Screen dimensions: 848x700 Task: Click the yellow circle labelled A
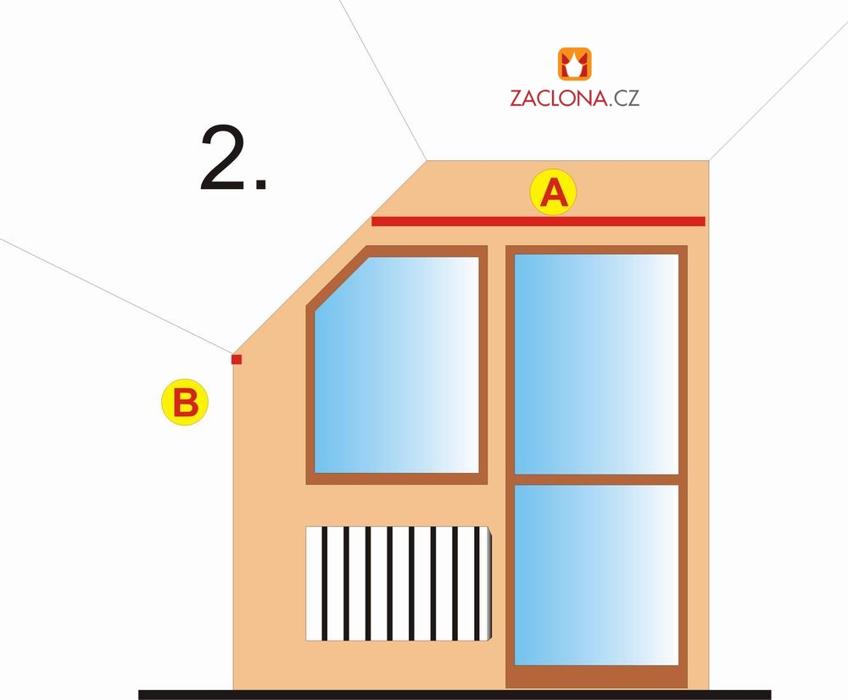pos(553,192)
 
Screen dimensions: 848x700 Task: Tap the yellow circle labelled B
pos(185,403)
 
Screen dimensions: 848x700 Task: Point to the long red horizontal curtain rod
pos(538,221)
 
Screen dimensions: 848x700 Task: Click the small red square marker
pos(237,359)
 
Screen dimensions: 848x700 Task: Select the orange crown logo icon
pos(574,64)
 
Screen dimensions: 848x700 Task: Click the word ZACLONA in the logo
pos(559,97)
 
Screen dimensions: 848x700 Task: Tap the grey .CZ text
pos(625,97)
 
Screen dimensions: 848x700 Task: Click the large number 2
pos(223,158)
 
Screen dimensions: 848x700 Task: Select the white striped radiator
pos(399,584)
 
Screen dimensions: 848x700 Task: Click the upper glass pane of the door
pos(596,364)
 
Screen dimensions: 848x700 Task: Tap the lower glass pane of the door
pos(596,575)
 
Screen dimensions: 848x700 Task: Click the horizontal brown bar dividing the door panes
pos(596,480)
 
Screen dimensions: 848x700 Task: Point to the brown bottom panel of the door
pos(596,676)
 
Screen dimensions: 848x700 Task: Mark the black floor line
pos(455,695)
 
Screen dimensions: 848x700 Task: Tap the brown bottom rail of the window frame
pos(396,478)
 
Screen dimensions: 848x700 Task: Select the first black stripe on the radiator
pos(325,584)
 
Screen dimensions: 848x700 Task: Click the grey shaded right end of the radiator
pos(489,584)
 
